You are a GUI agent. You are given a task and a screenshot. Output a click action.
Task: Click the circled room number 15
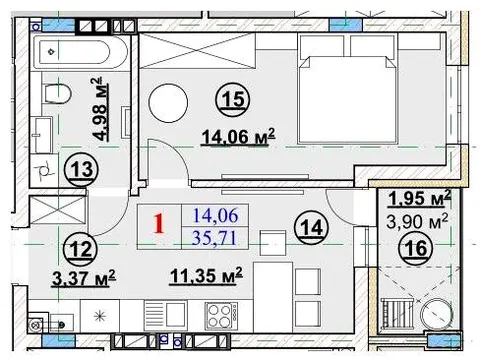point(235,99)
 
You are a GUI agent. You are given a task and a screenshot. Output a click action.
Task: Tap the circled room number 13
point(82,169)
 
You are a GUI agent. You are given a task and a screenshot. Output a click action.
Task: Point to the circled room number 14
point(312,228)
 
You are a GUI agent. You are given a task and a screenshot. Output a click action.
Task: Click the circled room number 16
point(416,248)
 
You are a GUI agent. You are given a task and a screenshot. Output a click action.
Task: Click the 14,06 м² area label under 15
point(238,137)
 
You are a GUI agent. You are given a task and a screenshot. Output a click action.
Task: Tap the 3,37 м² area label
point(84,279)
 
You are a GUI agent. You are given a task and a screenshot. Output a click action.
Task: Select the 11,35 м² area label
point(206,276)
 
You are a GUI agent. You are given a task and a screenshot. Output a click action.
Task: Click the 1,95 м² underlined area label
point(420,198)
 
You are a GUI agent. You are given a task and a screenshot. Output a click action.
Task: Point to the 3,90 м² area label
point(417,221)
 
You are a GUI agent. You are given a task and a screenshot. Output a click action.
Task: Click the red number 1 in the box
point(159,224)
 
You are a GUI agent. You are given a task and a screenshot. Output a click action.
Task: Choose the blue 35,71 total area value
point(214,238)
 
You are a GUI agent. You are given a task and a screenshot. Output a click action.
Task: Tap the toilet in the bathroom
point(57,93)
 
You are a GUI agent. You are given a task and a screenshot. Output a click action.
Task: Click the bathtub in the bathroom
point(81,52)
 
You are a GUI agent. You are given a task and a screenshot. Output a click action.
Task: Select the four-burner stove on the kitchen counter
point(221,316)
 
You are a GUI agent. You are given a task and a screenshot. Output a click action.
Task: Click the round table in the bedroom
point(168,103)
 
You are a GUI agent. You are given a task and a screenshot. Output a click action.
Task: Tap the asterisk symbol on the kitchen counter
point(100,316)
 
